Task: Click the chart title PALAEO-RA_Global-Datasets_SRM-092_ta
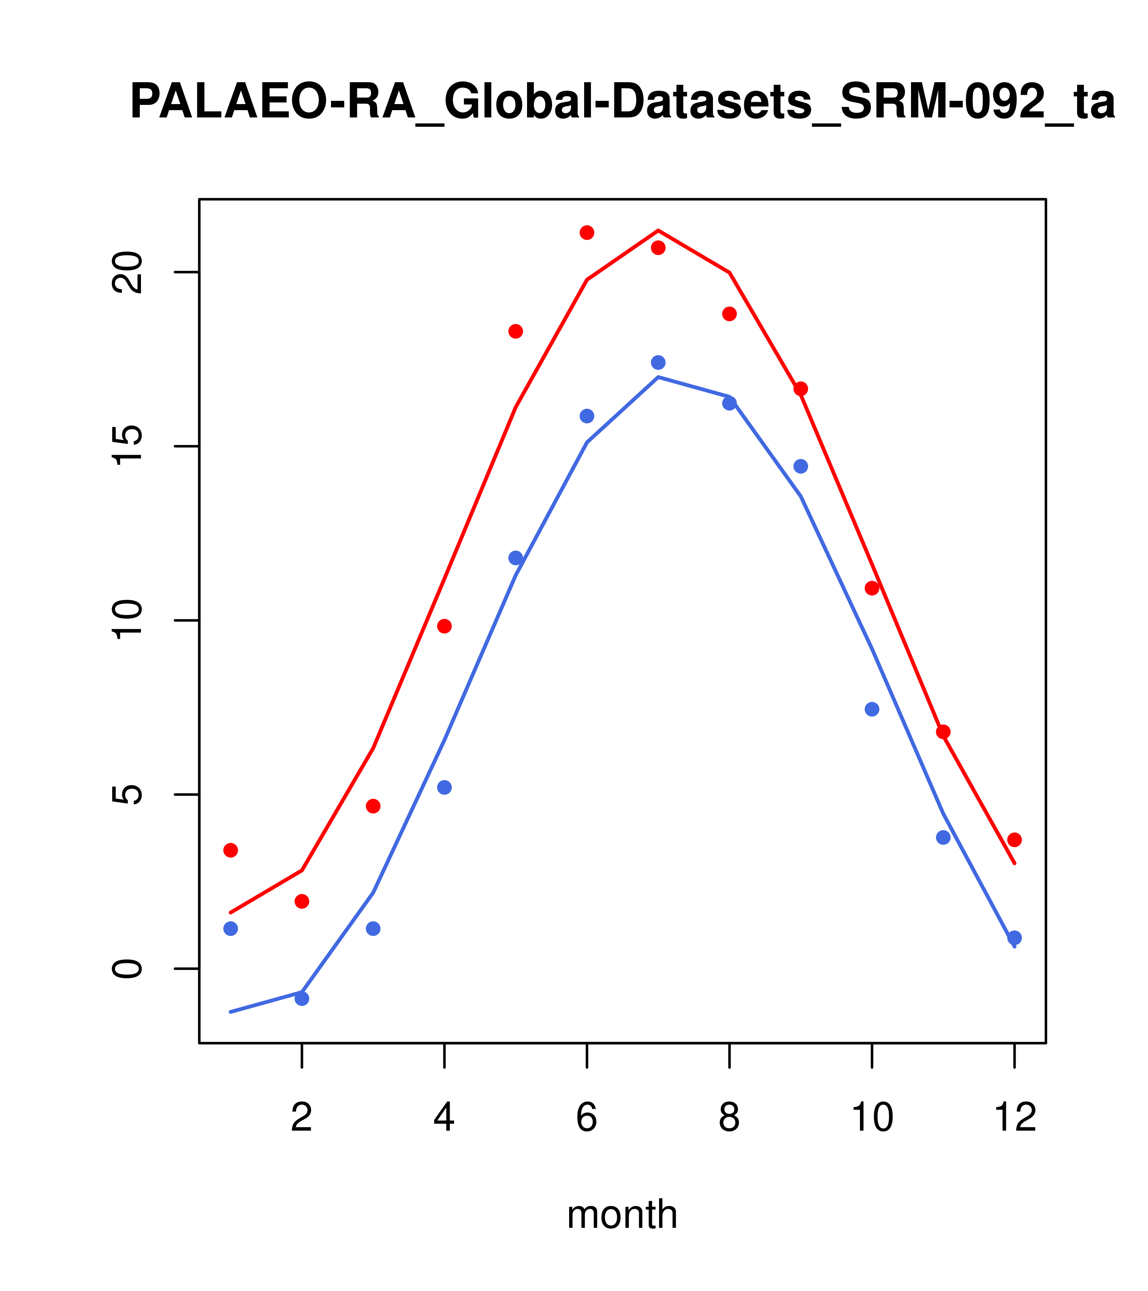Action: pyautogui.click(x=622, y=102)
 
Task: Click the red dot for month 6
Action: pyautogui.click(x=587, y=232)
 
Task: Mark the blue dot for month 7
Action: pyautogui.click(x=658, y=362)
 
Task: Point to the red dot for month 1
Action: pyautogui.click(x=230, y=850)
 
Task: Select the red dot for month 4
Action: pyautogui.click(x=445, y=626)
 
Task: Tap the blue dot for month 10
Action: pyautogui.click(x=872, y=709)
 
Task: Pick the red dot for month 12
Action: pyautogui.click(x=1015, y=840)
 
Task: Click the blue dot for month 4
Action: pyautogui.click(x=445, y=788)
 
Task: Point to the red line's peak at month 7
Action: pyautogui.click(x=658, y=230)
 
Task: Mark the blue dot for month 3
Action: pyautogui.click(x=373, y=929)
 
